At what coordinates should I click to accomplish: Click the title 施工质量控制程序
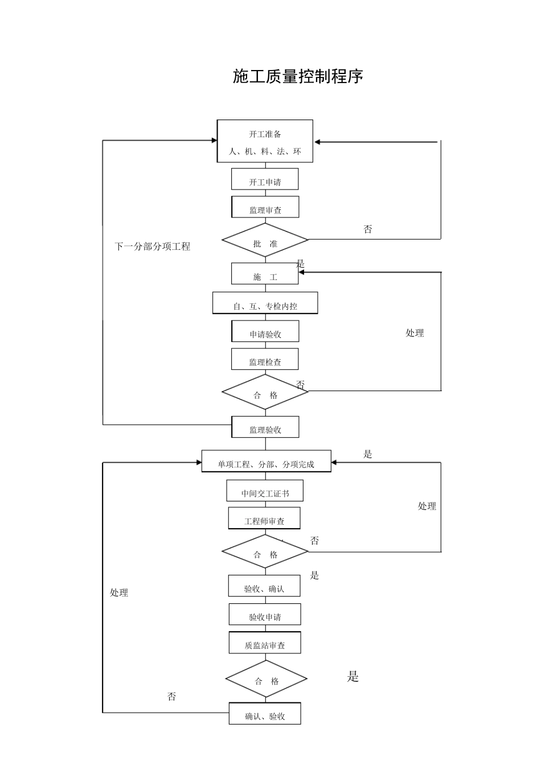tap(298, 76)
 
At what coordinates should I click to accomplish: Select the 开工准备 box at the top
tap(265, 141)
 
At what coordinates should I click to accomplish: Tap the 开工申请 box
tap(265, 179)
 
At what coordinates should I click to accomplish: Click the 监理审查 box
tap(265, 207)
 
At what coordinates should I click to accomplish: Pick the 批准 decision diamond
tap(265, 241)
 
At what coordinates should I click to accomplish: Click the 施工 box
tap(265, 274)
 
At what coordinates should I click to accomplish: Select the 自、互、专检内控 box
tap(265, 303)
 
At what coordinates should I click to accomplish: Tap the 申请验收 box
tap(265, 331)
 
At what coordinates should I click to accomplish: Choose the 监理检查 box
tap(265, 359)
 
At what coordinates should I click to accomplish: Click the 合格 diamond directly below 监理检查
tap(265, 392)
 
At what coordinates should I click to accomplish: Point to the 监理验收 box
tap(265, 427)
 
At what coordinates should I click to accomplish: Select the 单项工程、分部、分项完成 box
tap(266, 462)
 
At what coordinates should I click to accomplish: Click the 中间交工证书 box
tap(265, 491)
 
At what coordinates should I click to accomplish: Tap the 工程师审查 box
tap(264, 519)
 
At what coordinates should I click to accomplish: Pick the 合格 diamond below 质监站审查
tap(266, 678)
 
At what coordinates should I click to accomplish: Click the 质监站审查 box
tap(265, 643)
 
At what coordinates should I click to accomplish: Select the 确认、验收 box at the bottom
tap(265, 714)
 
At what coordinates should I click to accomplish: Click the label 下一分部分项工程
tap(153, 246)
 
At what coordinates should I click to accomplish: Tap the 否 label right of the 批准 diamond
tap(368, 229)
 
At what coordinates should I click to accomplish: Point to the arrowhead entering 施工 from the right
tap(302, 273)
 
